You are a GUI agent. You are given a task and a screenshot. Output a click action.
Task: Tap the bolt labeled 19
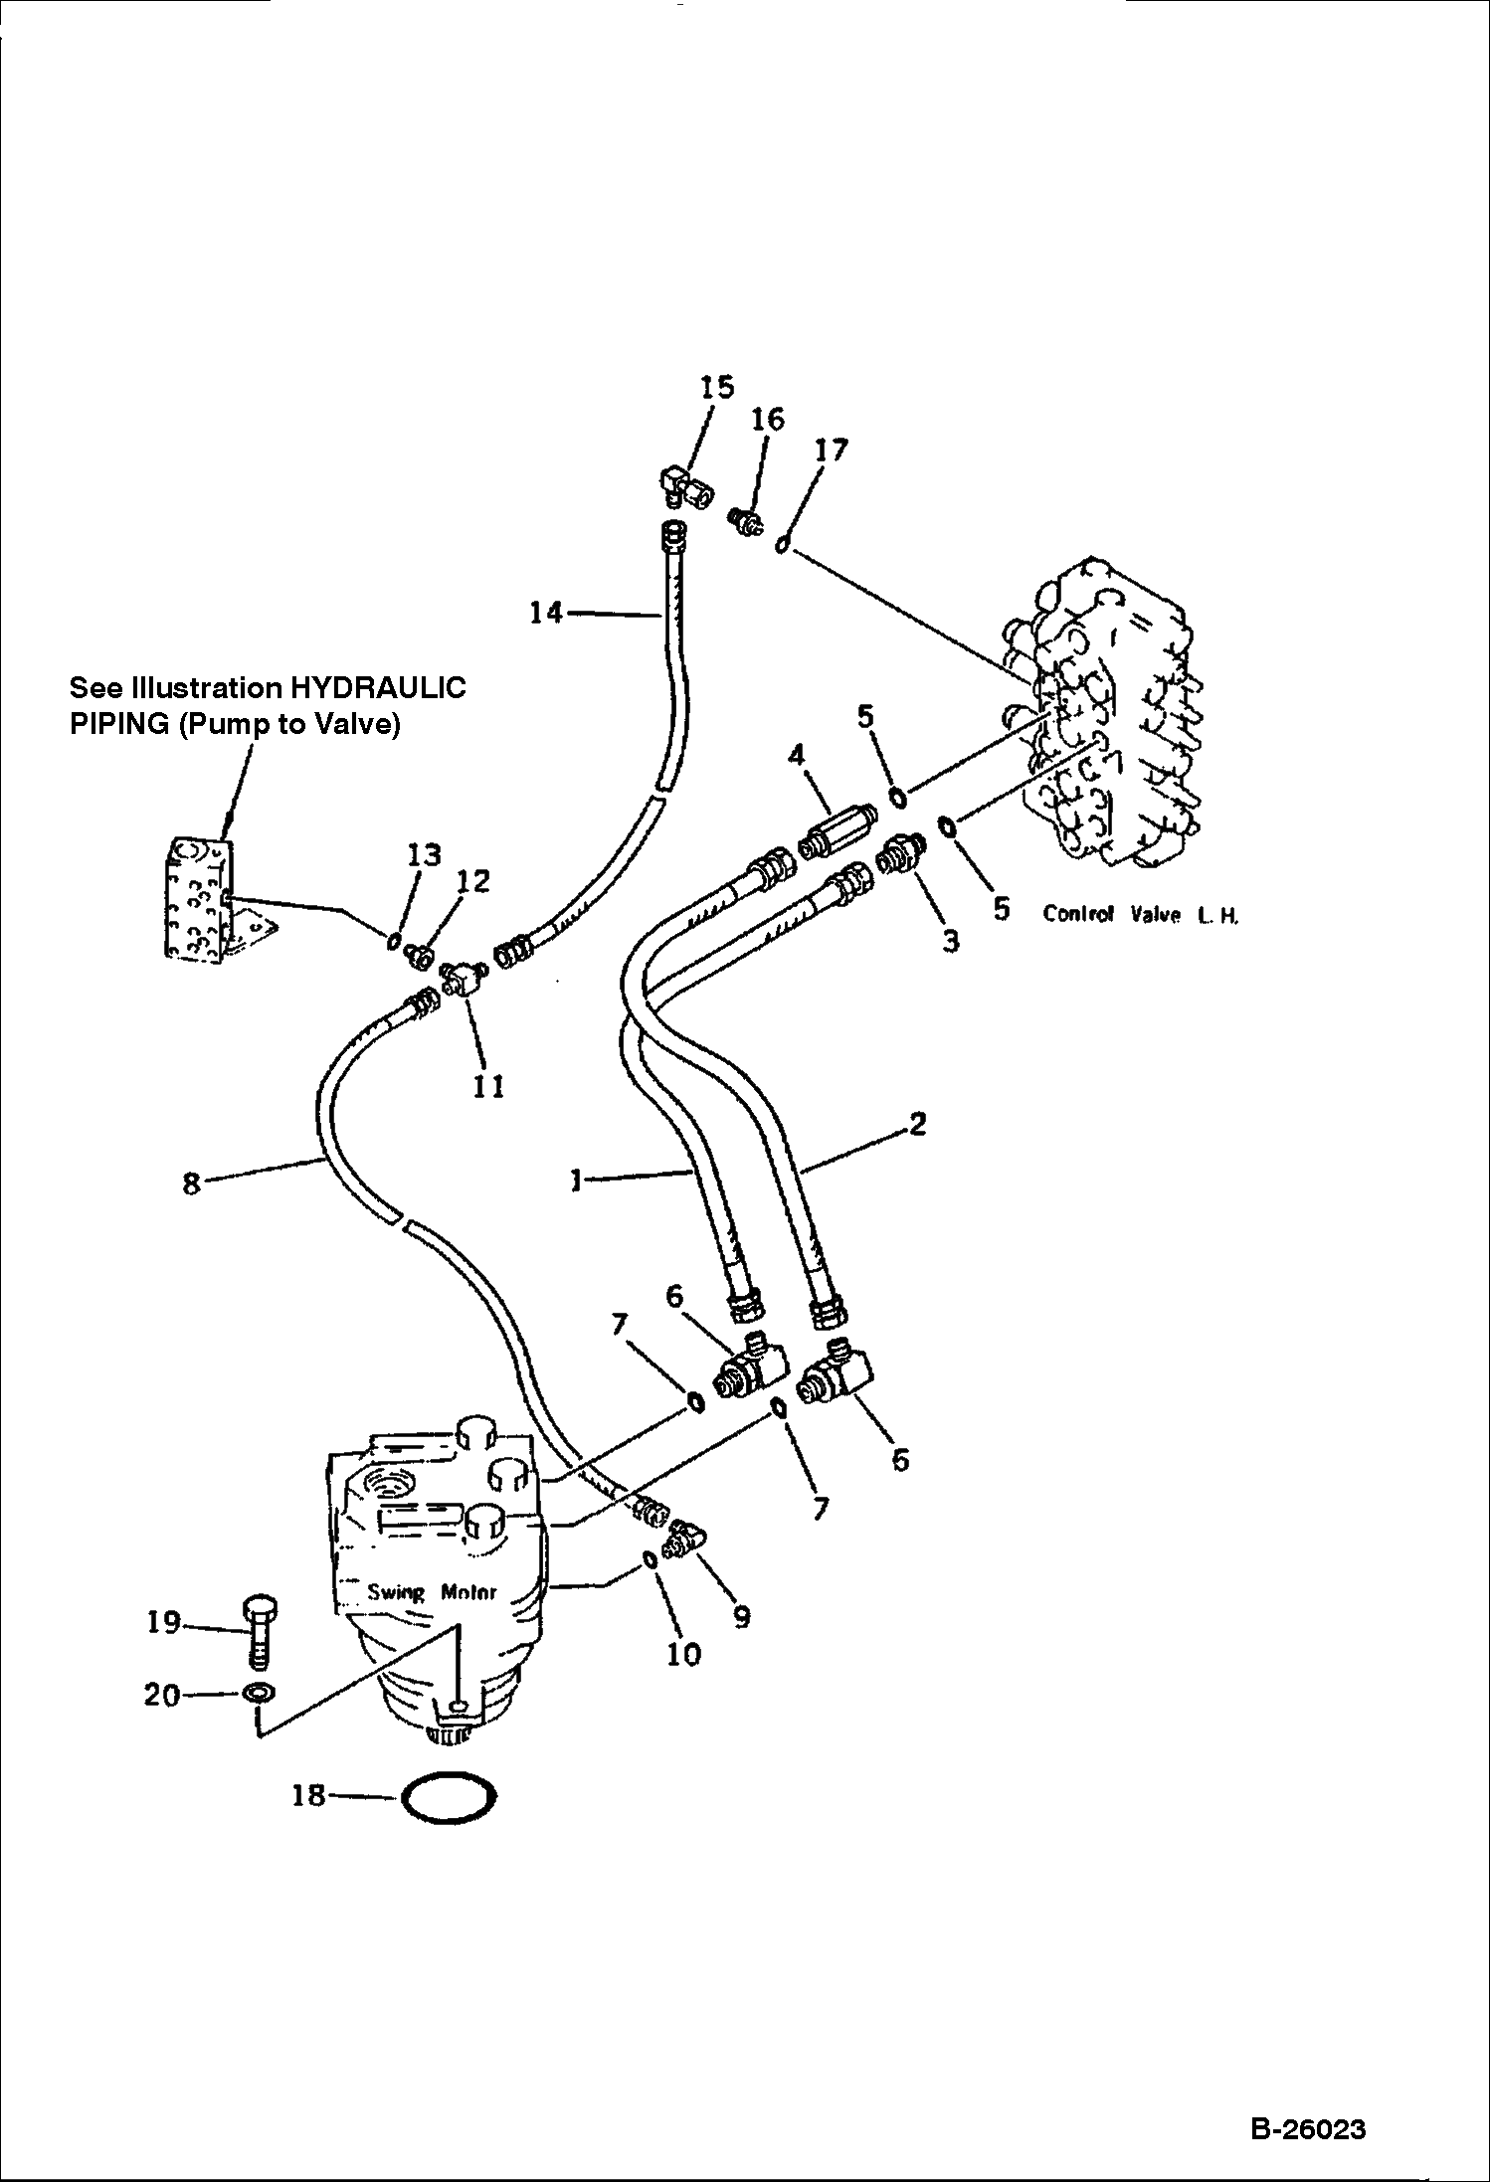click(259, 1632)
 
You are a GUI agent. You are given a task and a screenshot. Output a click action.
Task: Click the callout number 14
click(546, 613)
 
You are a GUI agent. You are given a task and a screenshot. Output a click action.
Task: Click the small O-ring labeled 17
click(783, 543)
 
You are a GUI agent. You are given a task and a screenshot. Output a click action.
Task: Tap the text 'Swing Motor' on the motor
click(432, 1592)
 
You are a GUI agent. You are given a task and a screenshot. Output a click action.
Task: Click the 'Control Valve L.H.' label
click(1140, 914)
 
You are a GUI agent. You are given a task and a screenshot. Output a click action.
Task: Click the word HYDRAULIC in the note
click(377, 688)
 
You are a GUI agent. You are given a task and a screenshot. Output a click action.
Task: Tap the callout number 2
click(917, 1124)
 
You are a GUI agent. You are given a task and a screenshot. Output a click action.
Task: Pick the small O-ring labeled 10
click(649, 1560)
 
